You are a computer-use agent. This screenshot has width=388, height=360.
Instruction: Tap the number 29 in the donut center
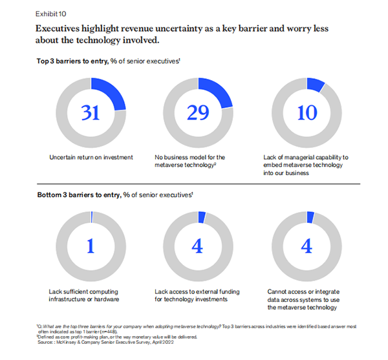pos(202,112)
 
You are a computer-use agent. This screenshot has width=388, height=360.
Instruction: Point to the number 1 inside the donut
pos(91,247)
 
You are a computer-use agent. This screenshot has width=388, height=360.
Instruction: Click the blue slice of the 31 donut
pos(111,90)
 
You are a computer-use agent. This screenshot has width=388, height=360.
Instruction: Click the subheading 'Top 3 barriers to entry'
pos(107,61)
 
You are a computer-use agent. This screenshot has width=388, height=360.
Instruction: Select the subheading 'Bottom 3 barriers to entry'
pos(114,195)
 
